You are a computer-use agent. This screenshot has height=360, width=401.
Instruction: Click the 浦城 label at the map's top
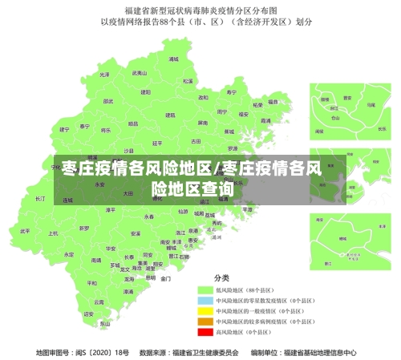point(174,59)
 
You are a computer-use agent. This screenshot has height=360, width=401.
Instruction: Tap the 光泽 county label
point(104,74)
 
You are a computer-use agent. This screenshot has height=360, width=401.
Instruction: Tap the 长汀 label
point(41,198)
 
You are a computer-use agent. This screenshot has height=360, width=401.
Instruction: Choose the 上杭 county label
point(53,233)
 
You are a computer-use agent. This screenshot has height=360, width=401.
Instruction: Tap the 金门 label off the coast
point(165,279)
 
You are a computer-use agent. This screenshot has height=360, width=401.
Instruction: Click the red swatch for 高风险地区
point(203,331)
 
